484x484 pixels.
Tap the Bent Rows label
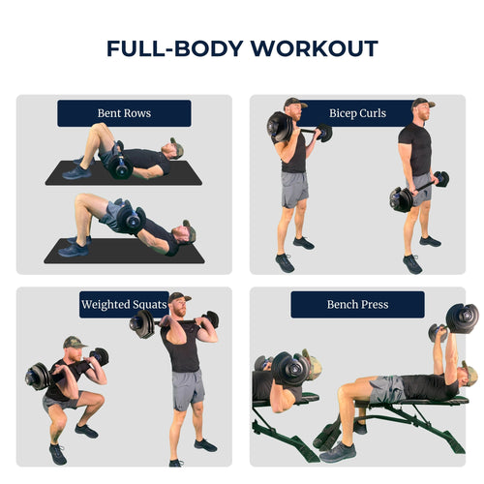click(x=124, y=113)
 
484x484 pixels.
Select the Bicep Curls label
click(x=357, y=113)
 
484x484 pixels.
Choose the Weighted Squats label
click(x=124, y=305)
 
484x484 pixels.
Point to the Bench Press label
click(x=357, y=305)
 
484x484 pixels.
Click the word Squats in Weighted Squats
click(x=149, y=305)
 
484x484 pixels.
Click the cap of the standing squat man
click(x=179, y=297)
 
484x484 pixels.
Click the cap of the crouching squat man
click(x=74, y=342)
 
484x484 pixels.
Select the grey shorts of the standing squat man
click(x=188, y=389)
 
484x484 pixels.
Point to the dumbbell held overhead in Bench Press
click(x=463, y=318)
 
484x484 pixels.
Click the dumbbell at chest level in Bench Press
click(x=289, y=369)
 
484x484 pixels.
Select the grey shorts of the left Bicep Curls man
click(x=294, y=190)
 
